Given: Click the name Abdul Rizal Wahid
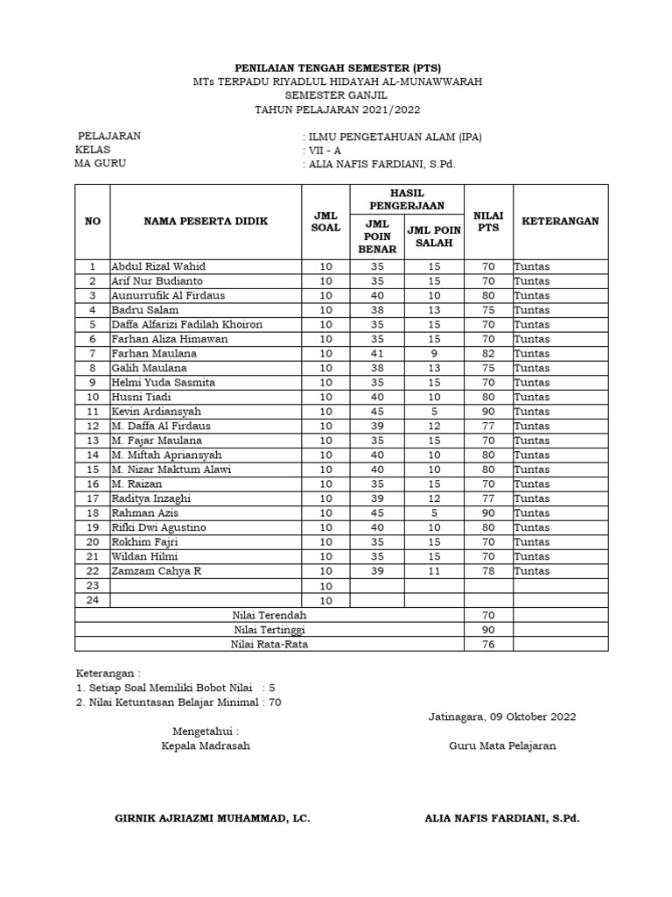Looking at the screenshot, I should coord(158,266).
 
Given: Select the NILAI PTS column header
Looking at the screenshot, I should coord(487,221).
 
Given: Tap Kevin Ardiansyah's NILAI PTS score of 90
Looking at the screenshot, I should coord(487,412).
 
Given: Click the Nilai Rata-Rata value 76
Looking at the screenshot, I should coord(487,645).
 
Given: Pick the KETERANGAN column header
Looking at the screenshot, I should coord(560,221).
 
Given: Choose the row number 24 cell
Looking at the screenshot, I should coord(93,600).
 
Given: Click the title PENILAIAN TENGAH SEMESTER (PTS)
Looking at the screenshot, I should coord(338,67).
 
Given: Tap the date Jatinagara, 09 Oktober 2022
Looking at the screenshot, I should coord(502,717).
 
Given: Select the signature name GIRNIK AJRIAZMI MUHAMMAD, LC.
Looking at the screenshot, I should coord(213,818).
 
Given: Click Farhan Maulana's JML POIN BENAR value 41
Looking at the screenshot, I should coord(377,353).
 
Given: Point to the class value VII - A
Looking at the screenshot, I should coord(324,150).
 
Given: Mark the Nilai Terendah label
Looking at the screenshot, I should coord(269,615).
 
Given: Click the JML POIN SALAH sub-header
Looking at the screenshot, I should coord(432,236).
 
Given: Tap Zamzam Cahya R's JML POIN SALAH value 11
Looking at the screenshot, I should coord(432,571).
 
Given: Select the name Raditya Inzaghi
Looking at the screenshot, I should coord(150,498).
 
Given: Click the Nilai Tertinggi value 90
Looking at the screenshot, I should coord(487,630).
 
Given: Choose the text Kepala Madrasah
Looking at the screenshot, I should coord(206,746).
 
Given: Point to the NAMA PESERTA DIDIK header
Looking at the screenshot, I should coord(206,221).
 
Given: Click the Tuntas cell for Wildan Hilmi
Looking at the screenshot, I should coord(532,556).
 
